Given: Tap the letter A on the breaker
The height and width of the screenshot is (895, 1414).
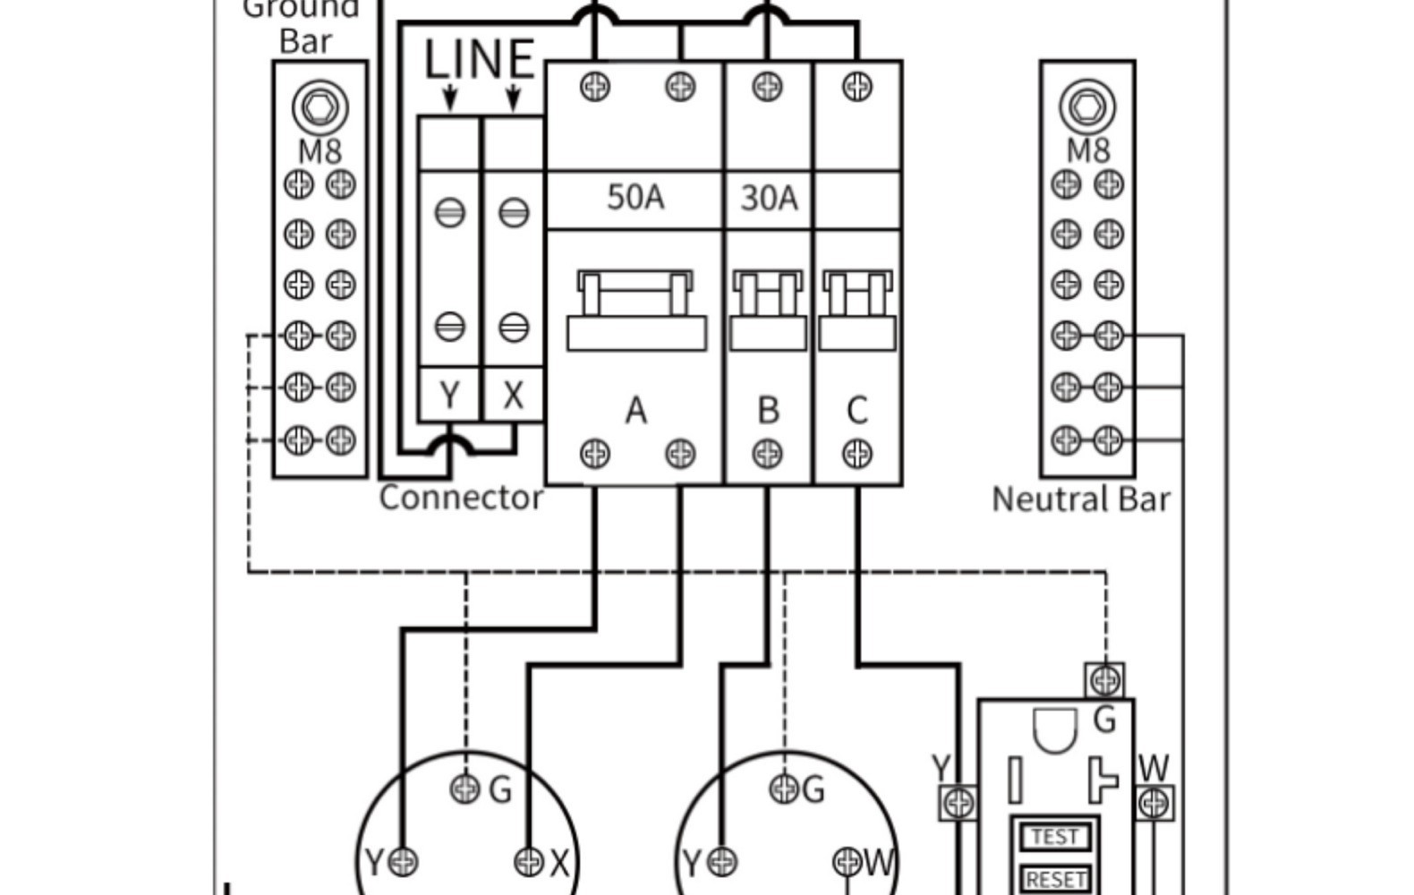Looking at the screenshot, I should point(635,411).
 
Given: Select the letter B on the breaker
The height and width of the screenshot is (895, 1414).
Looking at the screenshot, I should point(768,410).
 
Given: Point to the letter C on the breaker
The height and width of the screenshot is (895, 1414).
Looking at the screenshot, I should point(856,410).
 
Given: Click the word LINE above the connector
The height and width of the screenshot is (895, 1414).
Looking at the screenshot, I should point(480,60).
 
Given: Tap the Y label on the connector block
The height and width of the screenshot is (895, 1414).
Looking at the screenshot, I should point(450,395).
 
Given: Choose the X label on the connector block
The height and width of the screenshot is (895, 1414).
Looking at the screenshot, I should point(513,395).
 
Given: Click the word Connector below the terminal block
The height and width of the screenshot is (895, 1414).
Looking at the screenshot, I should point(461,498).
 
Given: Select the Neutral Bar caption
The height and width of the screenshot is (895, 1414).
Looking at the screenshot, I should point(1081,499).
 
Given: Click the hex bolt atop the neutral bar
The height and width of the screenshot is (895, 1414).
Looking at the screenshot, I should point(1087,107).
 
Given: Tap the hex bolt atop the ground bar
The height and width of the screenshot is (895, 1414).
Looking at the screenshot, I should point(319,107).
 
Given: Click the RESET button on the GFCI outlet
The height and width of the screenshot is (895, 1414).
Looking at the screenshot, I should point(1056,879).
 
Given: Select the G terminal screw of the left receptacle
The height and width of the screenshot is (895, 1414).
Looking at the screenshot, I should point(464,788).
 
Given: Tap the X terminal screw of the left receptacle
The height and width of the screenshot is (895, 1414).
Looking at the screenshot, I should point(529,862).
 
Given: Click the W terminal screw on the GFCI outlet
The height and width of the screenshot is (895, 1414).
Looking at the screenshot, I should point(1154,803).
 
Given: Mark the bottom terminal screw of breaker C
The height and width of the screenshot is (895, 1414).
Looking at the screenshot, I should point(857,454).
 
